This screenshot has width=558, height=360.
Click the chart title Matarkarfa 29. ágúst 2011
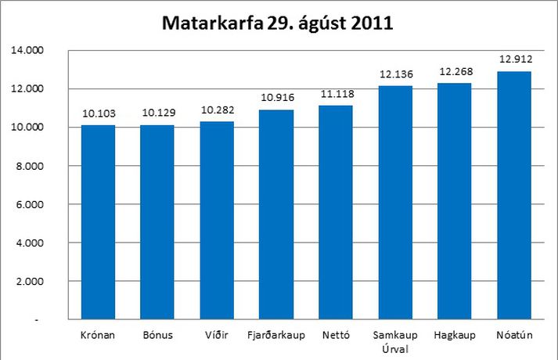click(x=277, y=23)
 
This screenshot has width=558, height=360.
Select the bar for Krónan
click(x=98, y=222)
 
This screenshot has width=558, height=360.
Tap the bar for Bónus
click(x=157, y=222)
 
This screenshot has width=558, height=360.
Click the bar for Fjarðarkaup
click(x=276, y=214)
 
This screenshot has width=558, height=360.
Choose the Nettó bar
click(x=336, y=212)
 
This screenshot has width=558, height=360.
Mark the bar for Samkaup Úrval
click(x=395, y=203)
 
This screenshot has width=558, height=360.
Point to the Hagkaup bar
click(x=455, y=201)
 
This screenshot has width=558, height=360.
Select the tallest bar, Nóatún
click(x=514, y=196)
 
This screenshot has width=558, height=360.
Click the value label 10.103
click(x=98, y=113)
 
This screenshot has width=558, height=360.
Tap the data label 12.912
click(x=514, y=59)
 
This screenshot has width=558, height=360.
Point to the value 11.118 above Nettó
click(x=336, y=93)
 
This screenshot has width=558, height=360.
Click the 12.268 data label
click(x=455, y=71)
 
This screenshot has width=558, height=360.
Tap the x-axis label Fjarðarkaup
click(x=276, y=336)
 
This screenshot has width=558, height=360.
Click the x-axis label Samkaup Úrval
click(x=395, y=342)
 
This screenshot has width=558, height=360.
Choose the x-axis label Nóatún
click(x=514, y=336)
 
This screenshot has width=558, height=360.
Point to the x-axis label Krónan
click(x=98, y=336)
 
